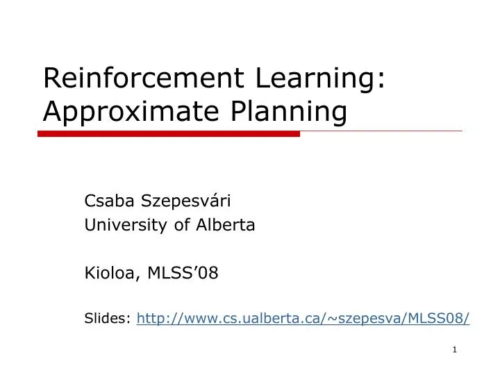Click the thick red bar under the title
coord(169,133)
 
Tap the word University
coord(119,225)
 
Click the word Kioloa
coord(112,273)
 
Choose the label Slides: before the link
coord(108,318)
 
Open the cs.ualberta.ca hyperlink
coord(303,318)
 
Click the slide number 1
coord(454,349)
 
